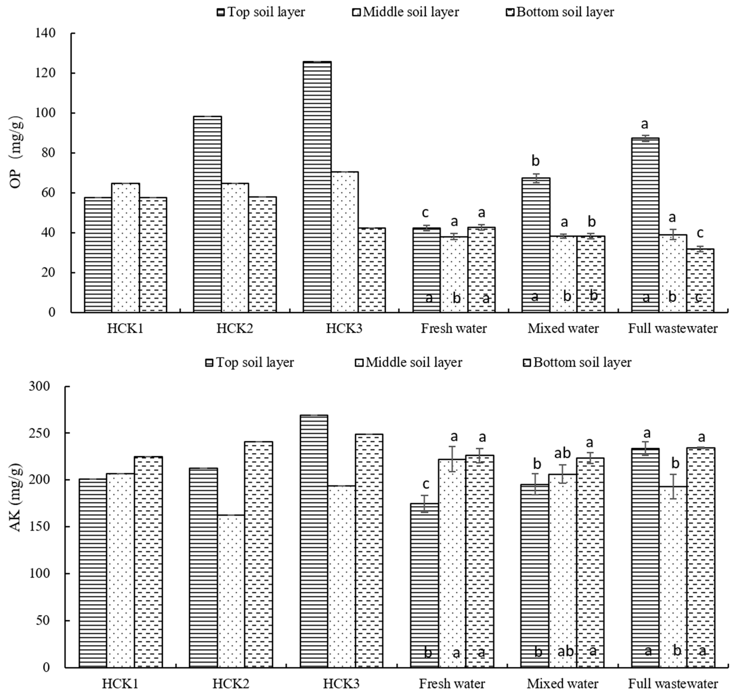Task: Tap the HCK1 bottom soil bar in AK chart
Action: [148, 562]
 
